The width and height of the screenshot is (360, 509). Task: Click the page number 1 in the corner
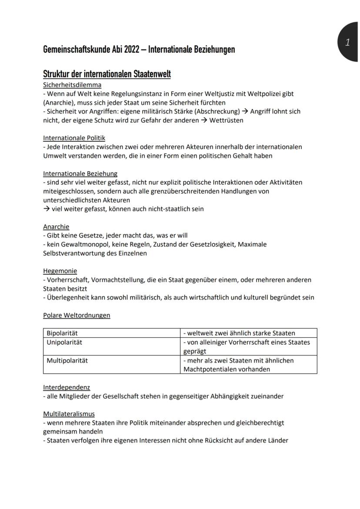[x=347, y=43]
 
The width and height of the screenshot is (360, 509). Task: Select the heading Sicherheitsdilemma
[x=72, y=85]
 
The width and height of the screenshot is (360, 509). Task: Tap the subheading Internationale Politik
[x=74, y=138]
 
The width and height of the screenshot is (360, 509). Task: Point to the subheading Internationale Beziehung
[x=80, y=173]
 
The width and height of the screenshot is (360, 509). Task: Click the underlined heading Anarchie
[x=56, y=226]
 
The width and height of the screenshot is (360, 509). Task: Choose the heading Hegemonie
[x=60, y=271]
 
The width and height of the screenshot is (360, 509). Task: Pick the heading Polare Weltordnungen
[x=77, y=315]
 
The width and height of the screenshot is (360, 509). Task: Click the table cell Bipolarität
[x=62, y=333]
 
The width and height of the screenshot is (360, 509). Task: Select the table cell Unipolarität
[x=64, y=342]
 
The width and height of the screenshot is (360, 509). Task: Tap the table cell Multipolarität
[x=67, y=360]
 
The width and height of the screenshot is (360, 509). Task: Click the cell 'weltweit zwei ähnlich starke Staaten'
[x=239, y=333]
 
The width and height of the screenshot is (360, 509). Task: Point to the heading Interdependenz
[x=67, y=387]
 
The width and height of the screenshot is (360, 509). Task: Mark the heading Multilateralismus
[x=69, y=413]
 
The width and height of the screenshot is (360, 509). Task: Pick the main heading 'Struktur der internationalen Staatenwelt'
[x=107, y=74]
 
